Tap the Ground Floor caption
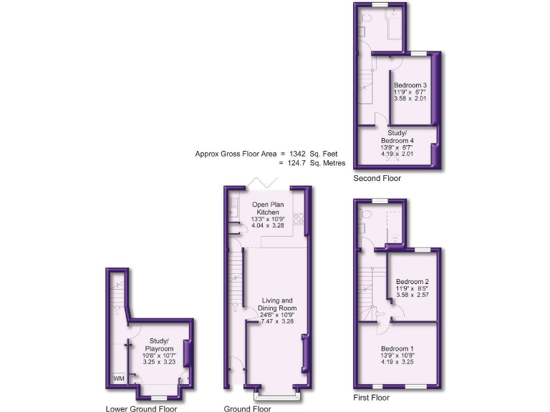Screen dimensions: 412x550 [247, 409]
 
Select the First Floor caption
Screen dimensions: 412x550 [371, 397]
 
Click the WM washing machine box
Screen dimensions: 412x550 [118, 379]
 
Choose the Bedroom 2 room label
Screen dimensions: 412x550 [412, 282]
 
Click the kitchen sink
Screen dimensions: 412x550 [235, 209]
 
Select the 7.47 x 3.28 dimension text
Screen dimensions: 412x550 [276, 322]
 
